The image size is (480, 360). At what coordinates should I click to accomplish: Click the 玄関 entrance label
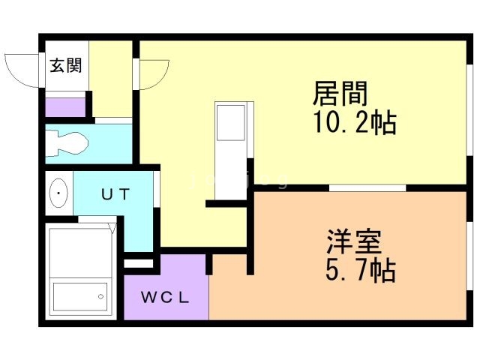tap(67, 65)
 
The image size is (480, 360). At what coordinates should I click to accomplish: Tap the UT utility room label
tap(116, 194)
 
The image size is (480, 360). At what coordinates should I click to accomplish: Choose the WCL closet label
tap(166, 295)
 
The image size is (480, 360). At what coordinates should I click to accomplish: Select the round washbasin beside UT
tap(59, 195)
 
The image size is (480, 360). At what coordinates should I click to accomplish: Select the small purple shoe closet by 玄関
tap(64, 106)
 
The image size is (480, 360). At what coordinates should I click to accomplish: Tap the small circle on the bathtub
tap(98, 298)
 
